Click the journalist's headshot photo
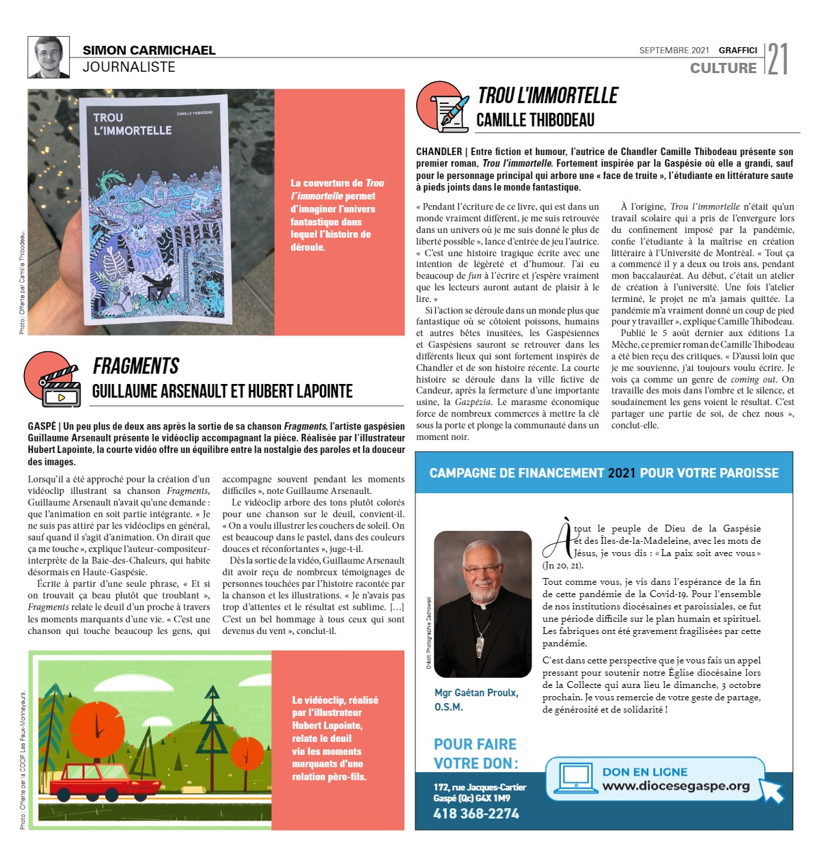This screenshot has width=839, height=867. point(49,57)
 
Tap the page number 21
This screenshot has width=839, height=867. point(778,59)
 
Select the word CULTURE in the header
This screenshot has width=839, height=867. point(723,68)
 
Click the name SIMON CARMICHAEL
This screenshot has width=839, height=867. point(149,50)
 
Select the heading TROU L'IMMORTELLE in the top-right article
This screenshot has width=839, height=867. point(547,96)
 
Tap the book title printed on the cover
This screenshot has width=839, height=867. point(132,124)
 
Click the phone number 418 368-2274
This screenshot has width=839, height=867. point(476,814)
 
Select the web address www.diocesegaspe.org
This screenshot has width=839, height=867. point(676,786)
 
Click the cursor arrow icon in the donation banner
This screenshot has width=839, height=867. point(771,790)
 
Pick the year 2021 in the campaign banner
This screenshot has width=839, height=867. point(621,473)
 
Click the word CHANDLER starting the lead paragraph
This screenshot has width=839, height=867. point(439,152)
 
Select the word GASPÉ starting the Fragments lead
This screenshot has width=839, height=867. point(42,426)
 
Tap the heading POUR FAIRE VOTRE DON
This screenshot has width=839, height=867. point(476,754)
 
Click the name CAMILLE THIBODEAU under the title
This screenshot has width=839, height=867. point(535,120)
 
